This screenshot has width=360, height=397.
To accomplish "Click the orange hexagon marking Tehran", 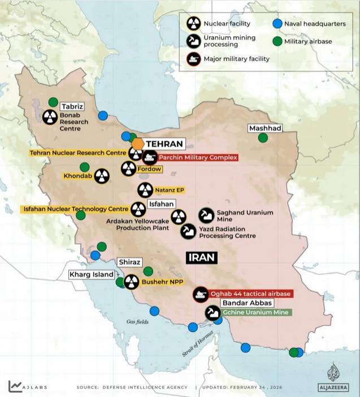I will click(x=138, y=143).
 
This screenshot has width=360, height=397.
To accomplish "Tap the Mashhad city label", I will click(x=265, y=128).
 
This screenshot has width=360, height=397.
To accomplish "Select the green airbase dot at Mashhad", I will click(x=263, y=137).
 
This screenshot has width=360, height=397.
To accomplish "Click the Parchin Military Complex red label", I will click(x=197, y=158).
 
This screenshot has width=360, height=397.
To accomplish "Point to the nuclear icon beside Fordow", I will click(x=128, y=168).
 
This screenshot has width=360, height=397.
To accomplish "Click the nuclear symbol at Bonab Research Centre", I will click(x=50, y=117).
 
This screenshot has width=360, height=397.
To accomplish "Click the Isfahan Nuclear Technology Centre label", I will click(x=75, y=209).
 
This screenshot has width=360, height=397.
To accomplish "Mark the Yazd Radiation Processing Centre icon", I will click(x=188, y=231).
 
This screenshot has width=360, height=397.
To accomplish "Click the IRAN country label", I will click(x=201, y=258).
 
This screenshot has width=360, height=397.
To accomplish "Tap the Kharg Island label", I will click(x=92, y=274).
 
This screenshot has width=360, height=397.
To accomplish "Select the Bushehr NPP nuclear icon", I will click(x=131, y=281).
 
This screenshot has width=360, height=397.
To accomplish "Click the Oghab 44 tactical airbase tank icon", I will click(x=200, y=294).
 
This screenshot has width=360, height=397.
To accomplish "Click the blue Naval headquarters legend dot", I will click(x=277, y=24).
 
